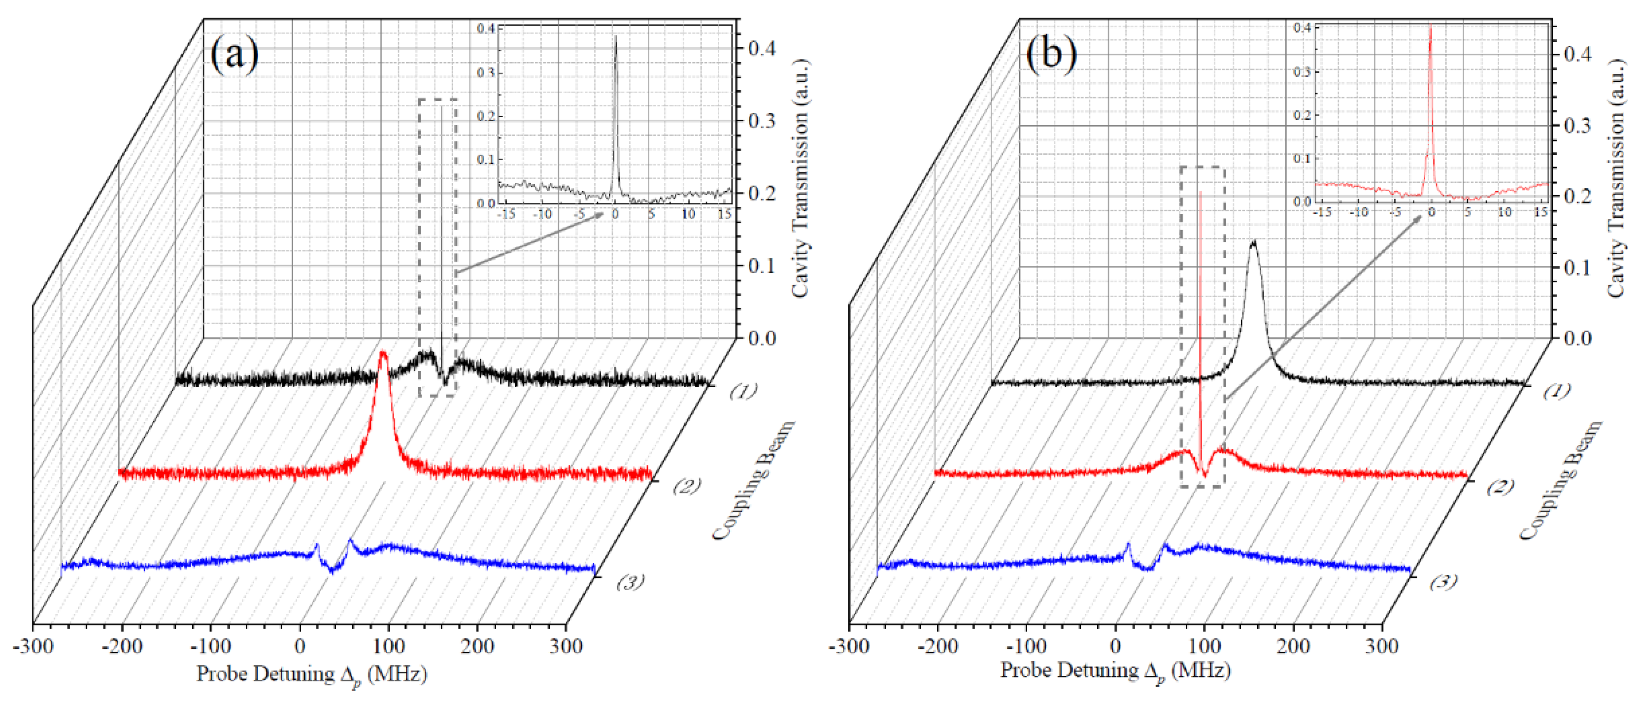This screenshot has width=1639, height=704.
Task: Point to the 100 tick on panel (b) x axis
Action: [1204, 646]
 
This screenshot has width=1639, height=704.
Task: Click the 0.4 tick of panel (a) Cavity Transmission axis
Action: [762, 48]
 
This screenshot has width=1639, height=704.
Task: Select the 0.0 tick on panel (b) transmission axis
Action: [1578, 338]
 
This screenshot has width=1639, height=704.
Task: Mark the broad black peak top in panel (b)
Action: [1253, 242]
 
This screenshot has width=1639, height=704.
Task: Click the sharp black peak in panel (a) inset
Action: [615, 38]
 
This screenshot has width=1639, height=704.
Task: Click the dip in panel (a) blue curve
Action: [332, 569]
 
